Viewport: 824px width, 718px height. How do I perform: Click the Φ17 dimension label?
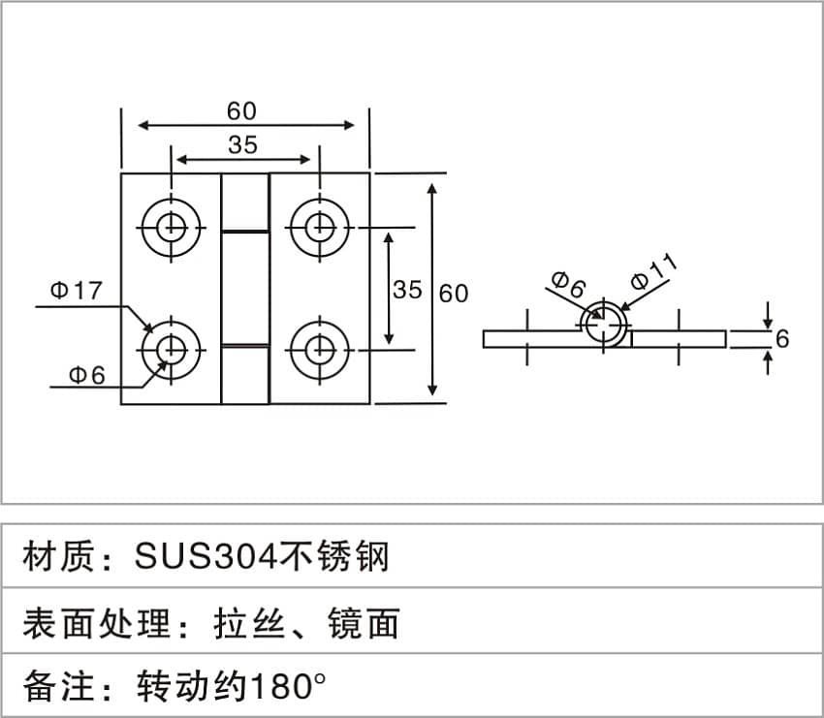(x=76, y=291)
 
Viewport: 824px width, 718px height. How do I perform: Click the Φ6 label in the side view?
(x=569, y=285)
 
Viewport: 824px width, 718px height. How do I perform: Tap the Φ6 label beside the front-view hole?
(x=86, y=374)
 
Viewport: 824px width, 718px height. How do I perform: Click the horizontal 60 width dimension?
(x=242, y=111)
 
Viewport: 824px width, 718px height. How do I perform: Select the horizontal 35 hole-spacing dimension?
(x=242, y=144)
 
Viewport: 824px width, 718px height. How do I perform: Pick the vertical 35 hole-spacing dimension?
(x=408, y=290)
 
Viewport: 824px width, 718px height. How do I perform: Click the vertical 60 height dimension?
(x=454, y=292)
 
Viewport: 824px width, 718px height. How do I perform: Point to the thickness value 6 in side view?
(x=782, y=338)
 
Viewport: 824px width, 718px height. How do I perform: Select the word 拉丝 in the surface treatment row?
(x=248, y=623)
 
